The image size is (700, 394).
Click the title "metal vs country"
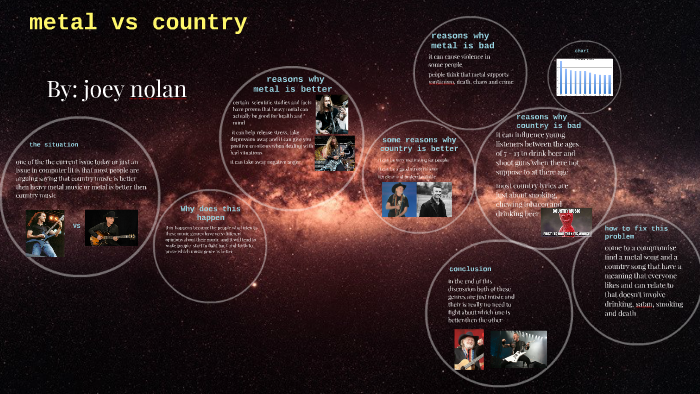[x=138, y=23]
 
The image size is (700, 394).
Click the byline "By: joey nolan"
[x=116, y=89]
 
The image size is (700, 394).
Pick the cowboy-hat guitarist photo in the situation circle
[x=111, y=228]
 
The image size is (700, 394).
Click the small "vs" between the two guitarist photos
[x=77, y=226]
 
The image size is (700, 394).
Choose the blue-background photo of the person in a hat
[x=398, y=199]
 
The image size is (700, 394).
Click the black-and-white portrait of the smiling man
[x=434, y=199]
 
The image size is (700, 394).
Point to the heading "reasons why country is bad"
[x=548, y=121]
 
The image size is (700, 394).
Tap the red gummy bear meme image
[x=567, y=222]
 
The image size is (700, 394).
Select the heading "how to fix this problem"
[x=633, y=233]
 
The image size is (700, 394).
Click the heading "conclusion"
[x=469, y=270]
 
